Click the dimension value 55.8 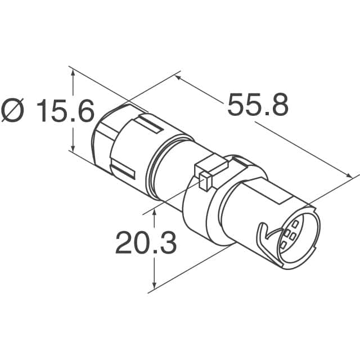pyautogui.click(x=258, y=105)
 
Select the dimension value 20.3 pyautogui.click(x=146, y=243)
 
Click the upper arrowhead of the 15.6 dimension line pyautogui.click(x=72, y=70)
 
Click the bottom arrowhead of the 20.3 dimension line pyautogui.click(x=155, y=286)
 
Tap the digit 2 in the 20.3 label pyautogui.click(x=125, y=243)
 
